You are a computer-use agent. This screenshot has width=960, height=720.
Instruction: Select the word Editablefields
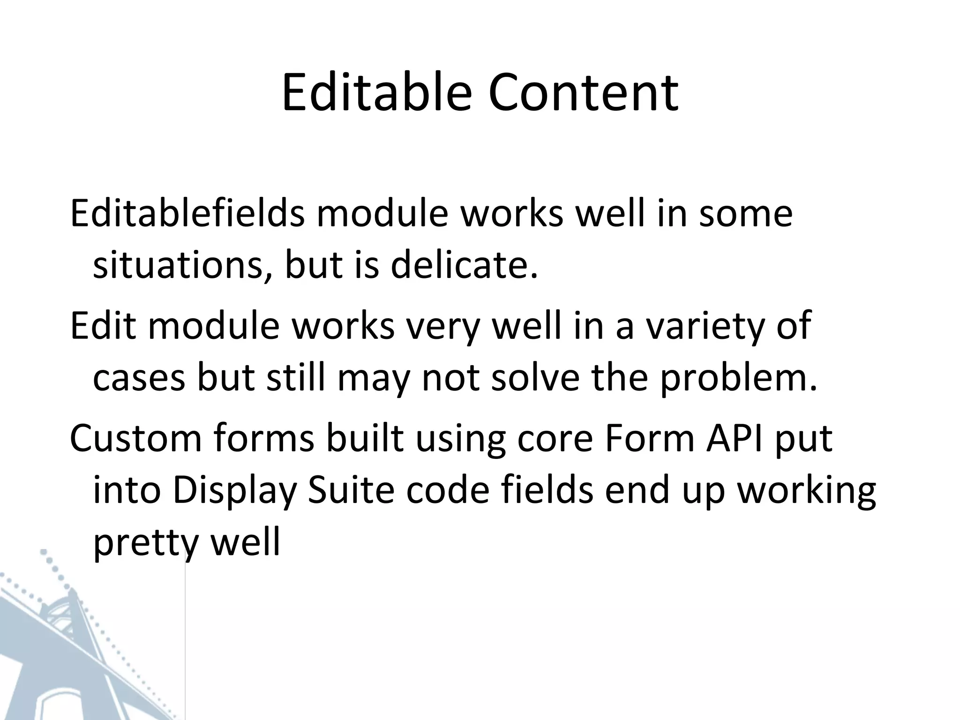coord(187,214)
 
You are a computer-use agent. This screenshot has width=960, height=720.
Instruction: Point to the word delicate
coord(464,265)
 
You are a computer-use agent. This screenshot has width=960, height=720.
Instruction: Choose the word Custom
coord(135,438)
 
